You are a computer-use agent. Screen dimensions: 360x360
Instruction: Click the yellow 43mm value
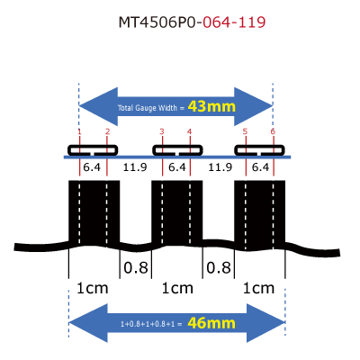coord(211,106)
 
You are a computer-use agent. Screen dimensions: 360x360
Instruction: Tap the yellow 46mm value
coord(211,323)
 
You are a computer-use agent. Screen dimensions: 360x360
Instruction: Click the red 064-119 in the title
coord(234,22)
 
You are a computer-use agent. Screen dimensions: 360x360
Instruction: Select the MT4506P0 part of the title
coord(157,22)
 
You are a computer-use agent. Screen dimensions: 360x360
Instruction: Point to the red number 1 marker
coord(79,131)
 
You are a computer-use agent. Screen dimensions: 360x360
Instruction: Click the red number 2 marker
coord(107,131)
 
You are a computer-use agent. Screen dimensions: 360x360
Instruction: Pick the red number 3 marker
coord(162,131)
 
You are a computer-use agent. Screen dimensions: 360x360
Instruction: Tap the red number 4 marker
coord(189,131)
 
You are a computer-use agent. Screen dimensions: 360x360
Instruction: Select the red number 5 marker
coord(245,131)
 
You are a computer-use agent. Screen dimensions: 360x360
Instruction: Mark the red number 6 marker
coord(273,131)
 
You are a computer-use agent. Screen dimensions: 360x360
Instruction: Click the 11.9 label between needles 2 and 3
coord(135,167)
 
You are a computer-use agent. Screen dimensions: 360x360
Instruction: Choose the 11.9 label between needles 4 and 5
coord(220,167)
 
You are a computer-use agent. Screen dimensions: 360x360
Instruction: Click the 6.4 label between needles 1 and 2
coord(92,167)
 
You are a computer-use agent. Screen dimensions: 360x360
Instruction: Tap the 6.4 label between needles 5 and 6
coord(260,167)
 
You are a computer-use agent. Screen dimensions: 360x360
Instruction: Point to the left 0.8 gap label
coord(136,267)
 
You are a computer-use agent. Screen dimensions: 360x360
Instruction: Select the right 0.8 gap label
coord(219,267)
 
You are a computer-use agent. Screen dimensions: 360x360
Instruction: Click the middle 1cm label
coord(177,288)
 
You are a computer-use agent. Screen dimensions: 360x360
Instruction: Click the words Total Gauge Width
coord(148,108)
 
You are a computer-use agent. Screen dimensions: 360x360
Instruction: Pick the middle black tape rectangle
coord(177,213)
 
